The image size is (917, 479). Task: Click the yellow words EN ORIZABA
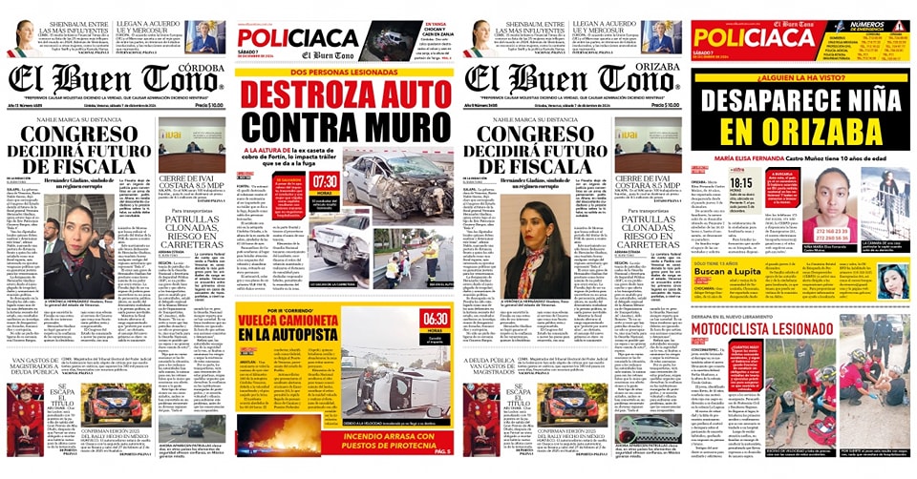click(800, 130)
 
